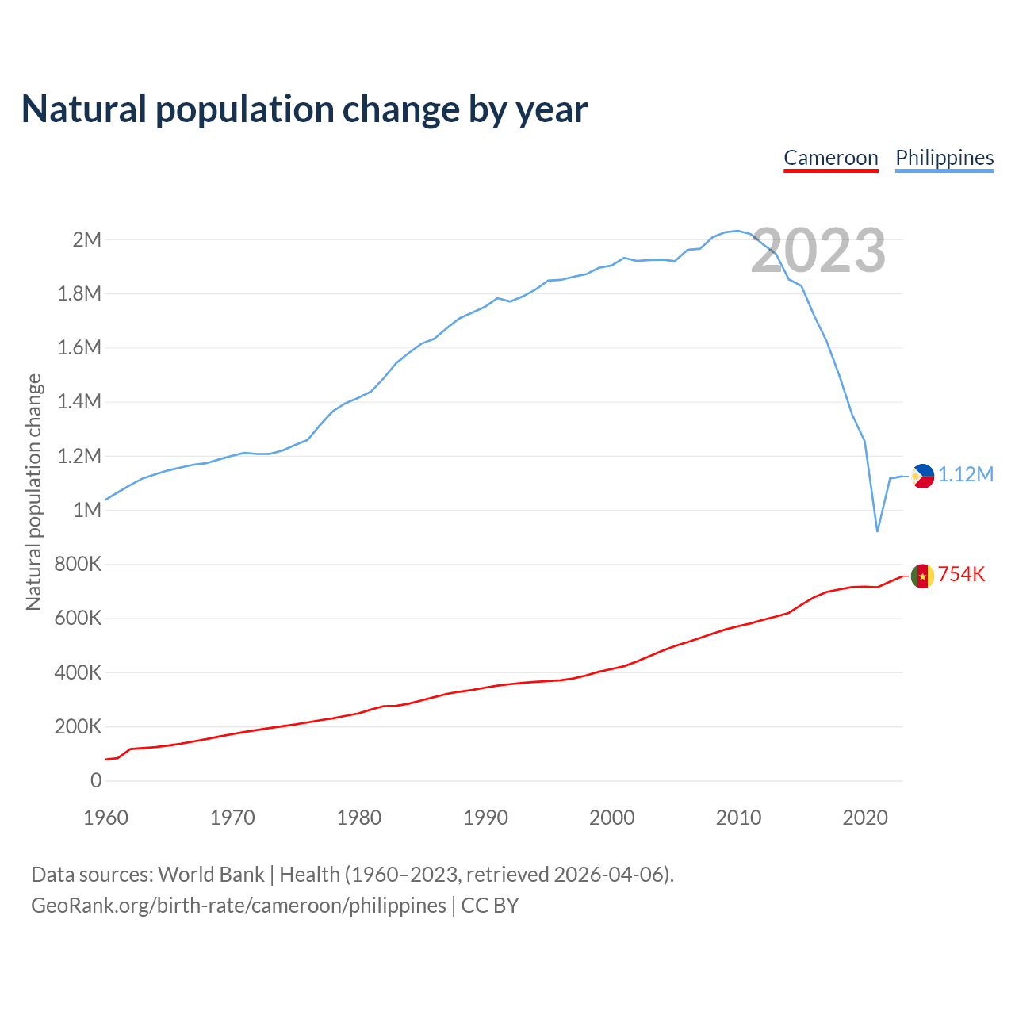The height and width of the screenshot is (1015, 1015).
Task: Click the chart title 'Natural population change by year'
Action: coord(304,109)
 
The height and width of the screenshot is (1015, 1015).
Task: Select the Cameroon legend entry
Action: coord(830,158)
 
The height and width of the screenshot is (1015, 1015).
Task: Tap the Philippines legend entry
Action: coord(944,158)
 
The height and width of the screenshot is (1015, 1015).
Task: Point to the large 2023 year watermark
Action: coord(818,251)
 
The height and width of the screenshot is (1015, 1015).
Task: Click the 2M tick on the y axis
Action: coord(87,239)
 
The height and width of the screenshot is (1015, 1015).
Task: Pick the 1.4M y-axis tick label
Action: coord(80,401)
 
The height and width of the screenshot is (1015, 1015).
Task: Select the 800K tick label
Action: coord(79,564)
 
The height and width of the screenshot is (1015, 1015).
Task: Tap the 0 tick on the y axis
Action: coord(96,780)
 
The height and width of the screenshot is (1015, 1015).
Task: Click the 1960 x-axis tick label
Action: coord(105,818)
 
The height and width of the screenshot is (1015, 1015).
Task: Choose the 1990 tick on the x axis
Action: coord(485,818)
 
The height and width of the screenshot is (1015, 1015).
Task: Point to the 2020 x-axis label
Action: coord(865,818)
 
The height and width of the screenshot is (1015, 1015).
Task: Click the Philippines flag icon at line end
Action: coord(922,476)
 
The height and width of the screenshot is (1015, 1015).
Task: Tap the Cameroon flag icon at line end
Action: coord(922,576)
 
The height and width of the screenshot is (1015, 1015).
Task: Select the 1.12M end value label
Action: coord(966,475)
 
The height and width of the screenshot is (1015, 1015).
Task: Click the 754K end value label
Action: coord(962,575)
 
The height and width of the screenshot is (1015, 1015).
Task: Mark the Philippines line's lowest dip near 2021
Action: coord(877,530)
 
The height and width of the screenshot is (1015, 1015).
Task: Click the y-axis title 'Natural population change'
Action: coord(33,492)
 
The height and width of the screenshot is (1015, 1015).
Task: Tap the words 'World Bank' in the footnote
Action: coord(211,875)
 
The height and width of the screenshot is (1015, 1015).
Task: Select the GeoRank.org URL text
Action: coord(238,906)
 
